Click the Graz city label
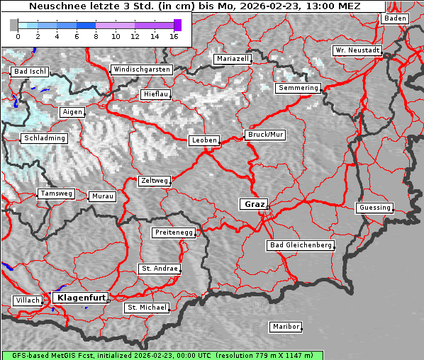point(255,204)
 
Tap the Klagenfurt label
point(81,298)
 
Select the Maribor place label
point(286,327)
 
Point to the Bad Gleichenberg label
point(300,245)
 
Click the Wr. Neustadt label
point(357,50)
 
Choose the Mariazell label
point(233,59)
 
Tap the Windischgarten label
point(141,69)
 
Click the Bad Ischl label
point(30,72)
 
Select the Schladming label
point(44,138)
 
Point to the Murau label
point(103,196)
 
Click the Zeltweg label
point(154,181)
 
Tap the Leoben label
point(204,140)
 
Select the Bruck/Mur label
point(264,134)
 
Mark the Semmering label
point(299,88)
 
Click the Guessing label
point(374,208)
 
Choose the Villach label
point(27,300)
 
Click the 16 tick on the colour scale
point(174,35)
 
